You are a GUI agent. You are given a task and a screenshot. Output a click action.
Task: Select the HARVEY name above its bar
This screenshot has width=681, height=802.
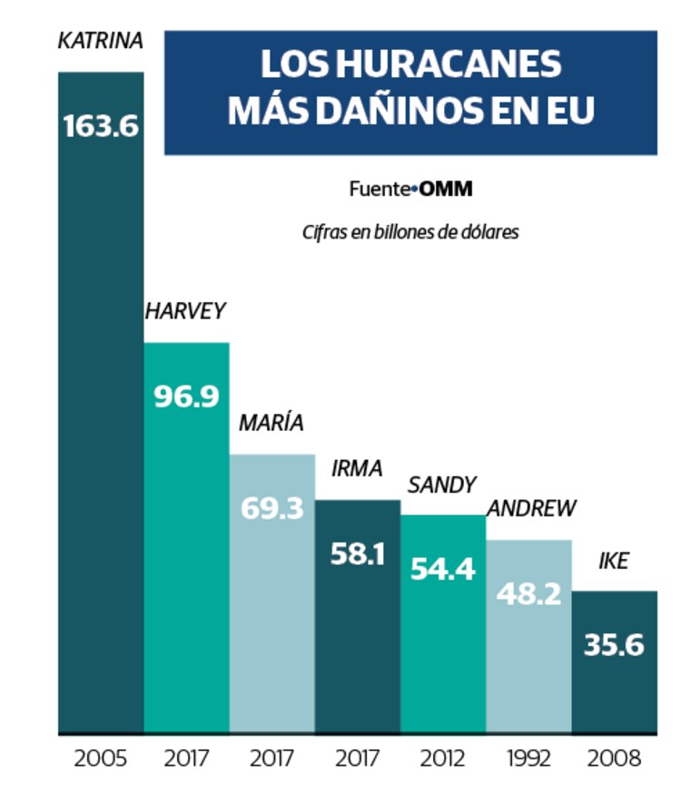pyautogui.click(x=185, y=310)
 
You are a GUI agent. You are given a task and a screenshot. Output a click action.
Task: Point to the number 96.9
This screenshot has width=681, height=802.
pyautogui.click(x=185, y=396)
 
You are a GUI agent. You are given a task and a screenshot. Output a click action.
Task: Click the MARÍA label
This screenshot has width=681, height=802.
pyautogui.click(x=271, y=423)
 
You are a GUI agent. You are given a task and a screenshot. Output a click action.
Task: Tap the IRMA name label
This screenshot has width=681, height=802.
pyautogui.click(x=357, y=468)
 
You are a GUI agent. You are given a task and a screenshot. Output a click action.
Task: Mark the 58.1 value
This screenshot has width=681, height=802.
pyautogui.click(x=357, y=553)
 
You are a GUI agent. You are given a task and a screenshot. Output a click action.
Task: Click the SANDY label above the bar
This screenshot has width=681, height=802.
pyautogui.click(x=442, y=484)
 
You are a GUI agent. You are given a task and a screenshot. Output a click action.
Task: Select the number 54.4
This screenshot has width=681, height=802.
pyautogui.click(x=442, y=569)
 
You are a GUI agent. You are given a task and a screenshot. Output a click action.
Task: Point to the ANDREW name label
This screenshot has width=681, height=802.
pyautogui.click(x=531, y=508)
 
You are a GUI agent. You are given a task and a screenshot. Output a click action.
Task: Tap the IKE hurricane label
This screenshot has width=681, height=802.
pyautogui.click(x=614, y=561)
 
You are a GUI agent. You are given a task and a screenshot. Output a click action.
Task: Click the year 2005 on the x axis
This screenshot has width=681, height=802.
pyautogui.click(x=100, y=758)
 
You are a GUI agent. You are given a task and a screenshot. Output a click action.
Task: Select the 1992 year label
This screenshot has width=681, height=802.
pyautogui.click(x=528, y=758)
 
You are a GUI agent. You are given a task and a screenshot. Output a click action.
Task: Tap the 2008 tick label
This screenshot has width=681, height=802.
pyautogui.click(x=614, y=758)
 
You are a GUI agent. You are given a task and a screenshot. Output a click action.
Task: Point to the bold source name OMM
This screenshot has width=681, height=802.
pyautogui.click(x=446, y=190)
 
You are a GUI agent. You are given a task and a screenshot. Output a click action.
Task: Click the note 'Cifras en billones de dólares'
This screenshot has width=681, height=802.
pyautogui.click(x=410, y=232)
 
